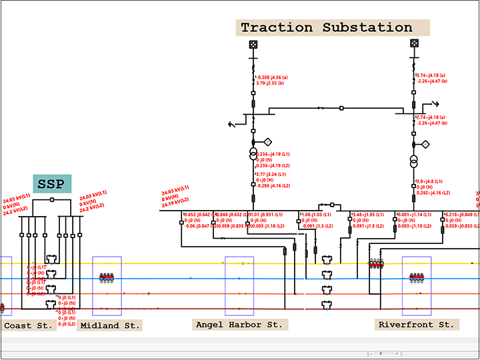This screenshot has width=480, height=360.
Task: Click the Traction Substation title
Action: click(x=327, y=28)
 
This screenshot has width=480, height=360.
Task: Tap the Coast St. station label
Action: click(x=27, y=325)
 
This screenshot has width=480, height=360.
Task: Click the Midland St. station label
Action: click(x=110, y=325)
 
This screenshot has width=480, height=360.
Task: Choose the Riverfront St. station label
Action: click(x=416, y=325)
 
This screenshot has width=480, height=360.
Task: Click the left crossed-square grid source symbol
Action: click(x=253, y=45)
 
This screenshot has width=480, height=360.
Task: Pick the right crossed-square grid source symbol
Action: click(x=414, y=44)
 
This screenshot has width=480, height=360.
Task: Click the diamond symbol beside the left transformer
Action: click(x=268, y=142)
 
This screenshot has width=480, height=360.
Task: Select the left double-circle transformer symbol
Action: click(x=253, y=155)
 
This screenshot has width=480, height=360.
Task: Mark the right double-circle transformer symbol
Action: click(x=414, y=161)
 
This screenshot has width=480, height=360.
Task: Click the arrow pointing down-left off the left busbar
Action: click(x=233, y=123)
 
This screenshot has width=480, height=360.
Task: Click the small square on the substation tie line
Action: click(x=341, y=108)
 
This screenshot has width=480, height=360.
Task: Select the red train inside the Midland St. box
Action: click(x=107, y=277)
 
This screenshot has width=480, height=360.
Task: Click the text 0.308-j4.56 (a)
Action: click(x=273, y=77)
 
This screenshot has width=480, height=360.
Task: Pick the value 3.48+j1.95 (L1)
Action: click(x=367, y=215)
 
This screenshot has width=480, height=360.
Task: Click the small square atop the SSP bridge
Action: click(x=52, y=199)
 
